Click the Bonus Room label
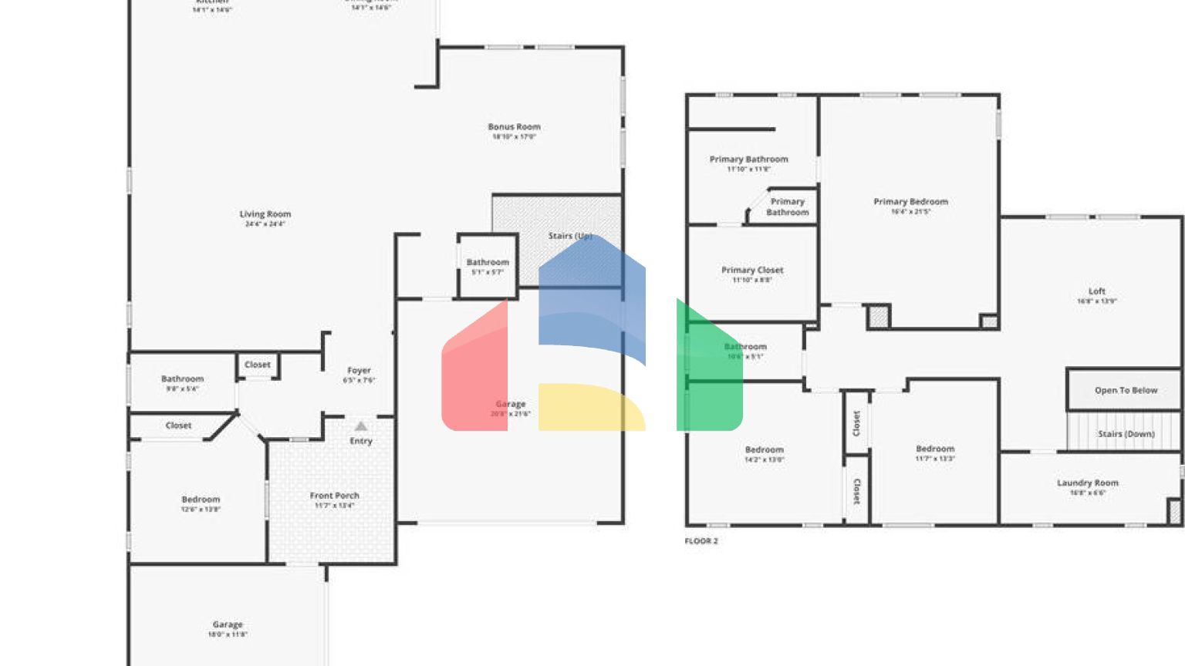tap(514, 127)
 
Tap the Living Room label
tap(265, 214)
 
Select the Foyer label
tap(359, 371)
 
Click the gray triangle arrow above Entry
tap(361, 426)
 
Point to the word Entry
tap(361, 441)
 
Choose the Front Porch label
tap(334, 496)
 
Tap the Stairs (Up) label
tap(570, 236)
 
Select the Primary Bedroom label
tap(910, 202)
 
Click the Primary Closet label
tap(752, 271)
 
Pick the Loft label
tap(1096, 291)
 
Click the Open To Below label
tap(1126, 390)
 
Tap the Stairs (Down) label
tap(1126, 434)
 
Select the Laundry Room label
tap(1087, 483)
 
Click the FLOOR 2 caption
tap(701, 541)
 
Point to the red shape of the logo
tap(475, 370)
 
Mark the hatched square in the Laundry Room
tap(1174, 511)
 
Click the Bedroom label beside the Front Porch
tap(201, 499)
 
